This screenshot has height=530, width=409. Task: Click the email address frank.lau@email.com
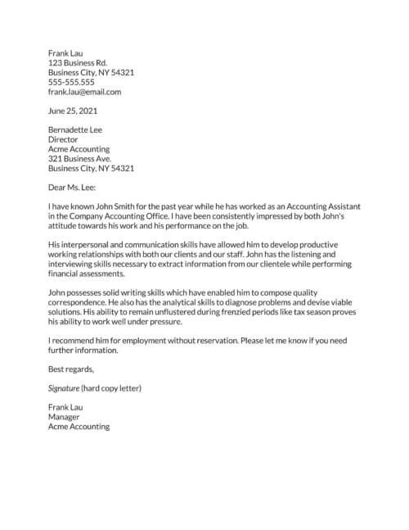85,93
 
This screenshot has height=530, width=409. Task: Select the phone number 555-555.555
71,82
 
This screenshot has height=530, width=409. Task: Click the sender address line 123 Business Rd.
78,62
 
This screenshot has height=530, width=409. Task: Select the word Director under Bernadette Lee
65,139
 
